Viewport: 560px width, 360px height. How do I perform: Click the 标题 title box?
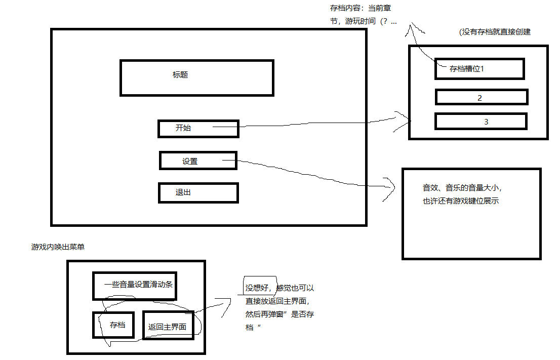pos(196,77)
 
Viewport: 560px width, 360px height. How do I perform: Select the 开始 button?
pos(198,129)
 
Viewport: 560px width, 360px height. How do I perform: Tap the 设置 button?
pos(197,161)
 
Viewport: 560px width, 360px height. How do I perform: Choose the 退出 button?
pos(198,193)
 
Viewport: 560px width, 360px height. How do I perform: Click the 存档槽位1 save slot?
pos(479,69)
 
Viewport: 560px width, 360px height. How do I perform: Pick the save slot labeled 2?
pos(481,97)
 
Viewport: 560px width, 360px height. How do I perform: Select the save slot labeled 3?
pos(481,122)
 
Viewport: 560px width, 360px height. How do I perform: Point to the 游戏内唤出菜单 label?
pos(58,247)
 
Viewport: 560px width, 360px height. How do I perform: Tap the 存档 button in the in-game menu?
pos(114,325)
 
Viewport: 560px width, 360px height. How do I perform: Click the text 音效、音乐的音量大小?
pos(462,188)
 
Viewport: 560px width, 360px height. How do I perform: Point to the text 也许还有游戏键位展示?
pos(461,201)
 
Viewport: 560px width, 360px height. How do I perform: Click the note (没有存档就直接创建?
pos(494,31)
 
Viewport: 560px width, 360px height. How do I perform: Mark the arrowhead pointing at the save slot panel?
pos(408,121)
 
